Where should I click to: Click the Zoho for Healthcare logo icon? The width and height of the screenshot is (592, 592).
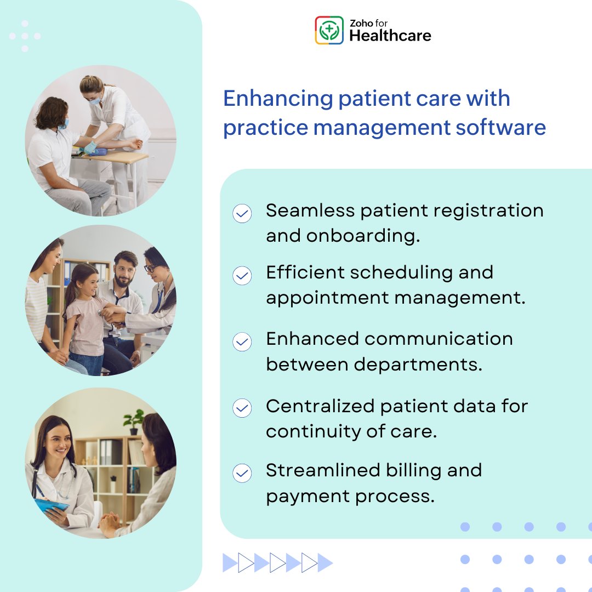(x=329, y=30)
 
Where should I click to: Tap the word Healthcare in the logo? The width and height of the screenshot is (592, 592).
(x=390, y=36)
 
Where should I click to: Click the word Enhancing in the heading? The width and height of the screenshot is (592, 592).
(x=278, y=99)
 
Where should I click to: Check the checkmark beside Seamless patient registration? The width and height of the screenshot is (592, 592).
(x=242, y=213)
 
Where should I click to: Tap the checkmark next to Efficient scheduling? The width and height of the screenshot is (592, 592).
(x=242, y=275)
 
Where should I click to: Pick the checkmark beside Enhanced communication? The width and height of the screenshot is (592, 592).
(x=242, y=342)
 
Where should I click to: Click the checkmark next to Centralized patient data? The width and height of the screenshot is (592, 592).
(x=242, y=408)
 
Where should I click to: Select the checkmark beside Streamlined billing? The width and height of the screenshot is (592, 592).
(x=242, y=473)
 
